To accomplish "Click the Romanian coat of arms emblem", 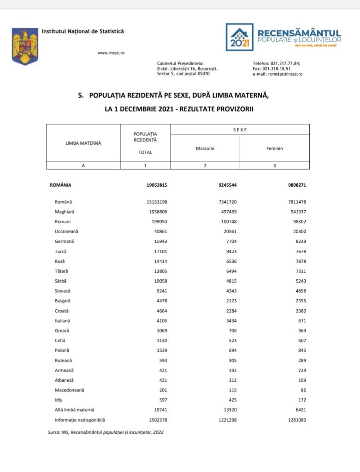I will coord(25,46).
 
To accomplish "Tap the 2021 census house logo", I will coord(239,37).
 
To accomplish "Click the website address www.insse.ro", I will coord(111,53).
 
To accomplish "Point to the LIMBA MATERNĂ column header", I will coord(83,143).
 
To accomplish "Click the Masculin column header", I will coord(205,148).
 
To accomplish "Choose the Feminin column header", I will coord(274,148).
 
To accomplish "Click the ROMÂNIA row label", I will coord(60,185).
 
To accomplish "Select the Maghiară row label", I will coord(65,212).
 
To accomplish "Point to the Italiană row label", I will coord(64,321).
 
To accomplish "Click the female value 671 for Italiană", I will coord(301,321).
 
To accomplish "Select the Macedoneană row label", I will coord(70,390).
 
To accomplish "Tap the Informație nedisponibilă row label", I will coord(79,420).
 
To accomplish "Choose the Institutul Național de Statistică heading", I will coord(83,31).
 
